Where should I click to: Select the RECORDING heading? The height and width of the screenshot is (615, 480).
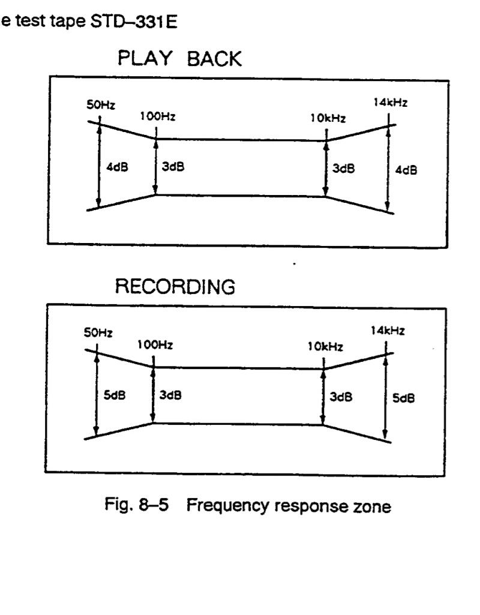(175, 288)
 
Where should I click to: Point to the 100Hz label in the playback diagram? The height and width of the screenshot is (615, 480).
(157, 117)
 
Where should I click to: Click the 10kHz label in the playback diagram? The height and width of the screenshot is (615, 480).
(328, 119)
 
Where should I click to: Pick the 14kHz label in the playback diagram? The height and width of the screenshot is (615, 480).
(390, 103)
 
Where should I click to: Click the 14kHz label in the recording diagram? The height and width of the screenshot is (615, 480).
(387, 330)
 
